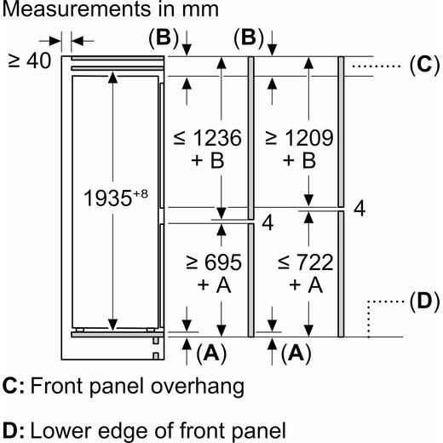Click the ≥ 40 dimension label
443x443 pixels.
[x=30, y=60]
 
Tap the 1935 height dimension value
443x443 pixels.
[x=108, y=198]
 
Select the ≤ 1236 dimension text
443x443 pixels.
[x=208, y=138]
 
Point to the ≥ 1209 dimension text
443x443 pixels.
[x=299, y=138]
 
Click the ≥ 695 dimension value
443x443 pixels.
[x=214, y=262]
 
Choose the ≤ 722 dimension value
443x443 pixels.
[x=305, y=262]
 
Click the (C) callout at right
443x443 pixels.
[x=424, y=65]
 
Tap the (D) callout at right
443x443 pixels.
[x=424, y=301]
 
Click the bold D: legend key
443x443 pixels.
[x=14, y=430]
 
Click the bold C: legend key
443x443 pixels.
[x=14, y=386]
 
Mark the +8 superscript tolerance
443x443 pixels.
[x=141, y=193]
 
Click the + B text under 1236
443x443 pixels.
[x=208, y=160]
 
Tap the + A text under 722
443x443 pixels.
[x=306, y=285]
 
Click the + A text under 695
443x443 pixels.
[x=214, y=285]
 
